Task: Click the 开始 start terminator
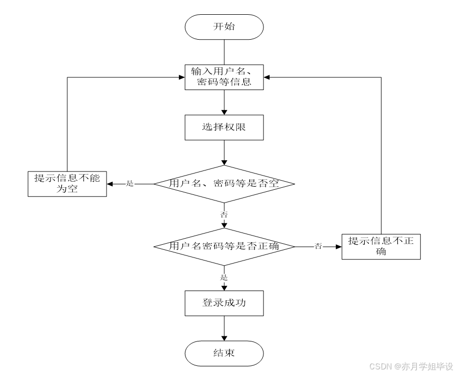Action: tap(224, 26)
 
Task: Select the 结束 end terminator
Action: tap(224, 353)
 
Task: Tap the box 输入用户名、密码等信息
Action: tap(224, 77)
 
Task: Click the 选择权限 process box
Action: tap(224, 127)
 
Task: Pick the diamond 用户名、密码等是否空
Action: tap(224, 184)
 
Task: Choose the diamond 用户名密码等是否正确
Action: tap(224, 246)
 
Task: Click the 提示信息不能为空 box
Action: tap(67, 184)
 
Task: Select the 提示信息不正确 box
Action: tap(381, 246)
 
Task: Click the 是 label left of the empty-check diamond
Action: tap(129, 184)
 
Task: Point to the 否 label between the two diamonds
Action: tap(224, 215)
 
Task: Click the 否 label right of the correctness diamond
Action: tap(318, 246)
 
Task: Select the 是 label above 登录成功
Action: tap(224, 278)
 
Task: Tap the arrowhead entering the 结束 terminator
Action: tap(224, 338)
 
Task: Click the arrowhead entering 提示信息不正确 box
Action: tap(338, 246)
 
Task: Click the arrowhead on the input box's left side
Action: tap(181, 77)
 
